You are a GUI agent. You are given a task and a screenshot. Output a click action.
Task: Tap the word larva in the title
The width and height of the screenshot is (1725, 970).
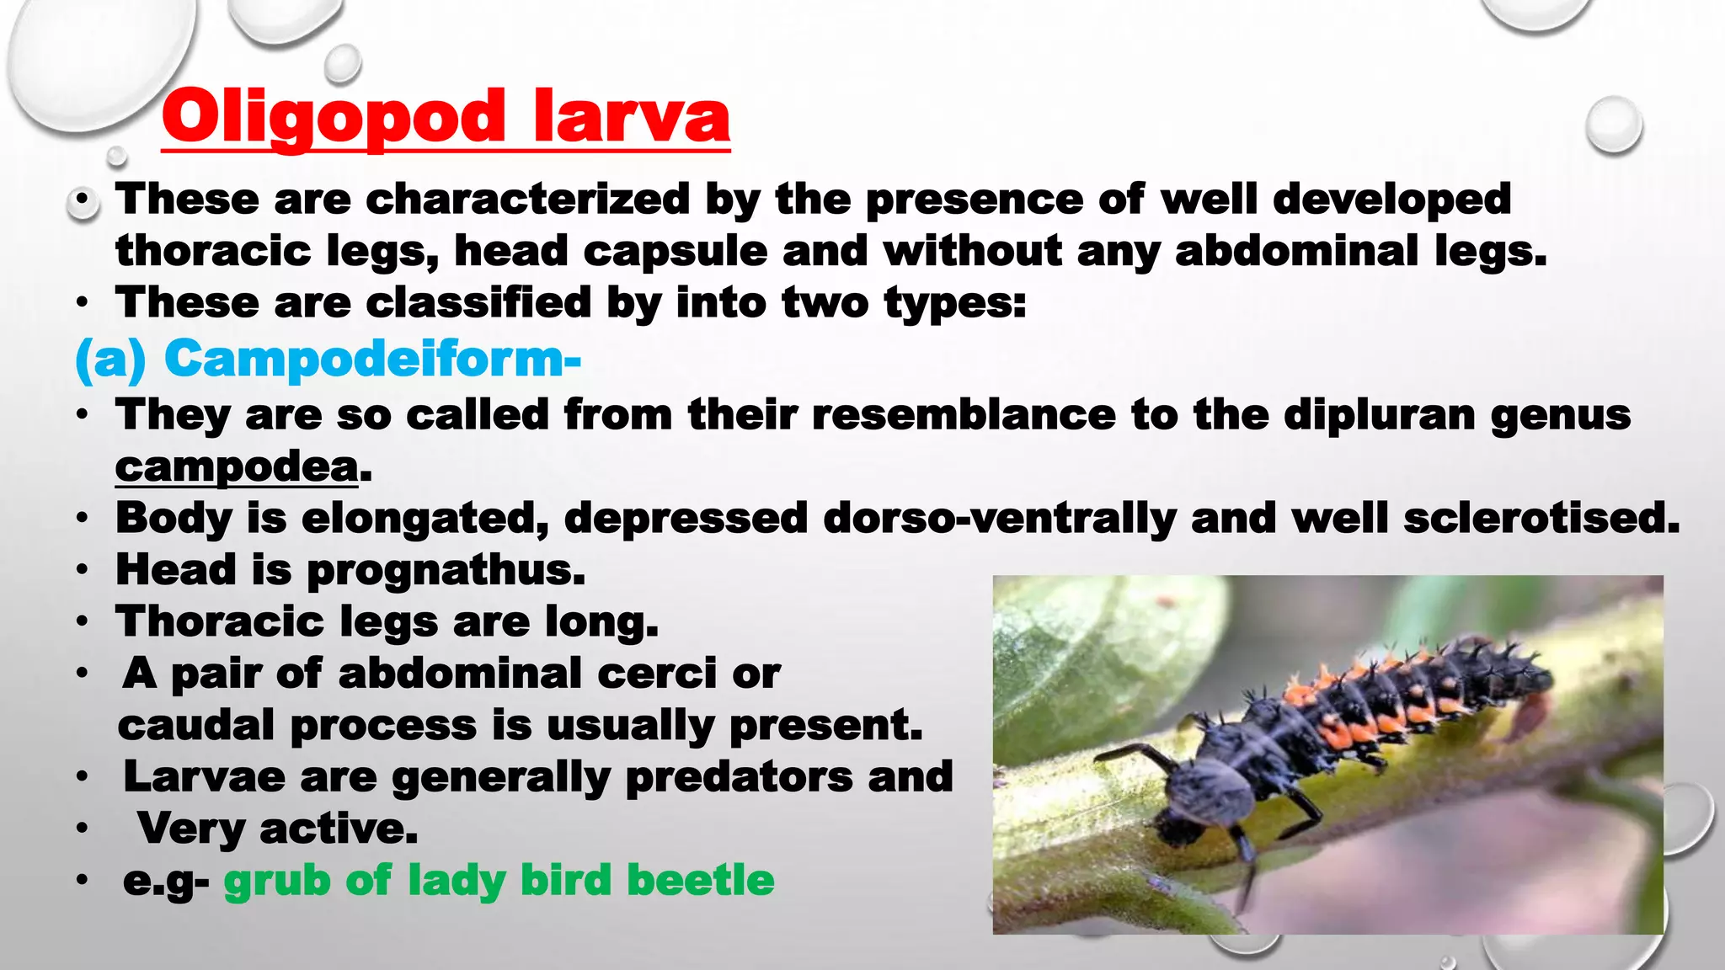[x=632, y=117]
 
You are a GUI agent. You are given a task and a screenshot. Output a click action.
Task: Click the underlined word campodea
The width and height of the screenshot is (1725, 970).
[x=237, y=466]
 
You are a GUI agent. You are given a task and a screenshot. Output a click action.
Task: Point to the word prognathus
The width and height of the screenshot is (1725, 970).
[x=445, y=570]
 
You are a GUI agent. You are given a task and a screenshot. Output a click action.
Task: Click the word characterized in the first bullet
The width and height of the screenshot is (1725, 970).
[x=528, y=200]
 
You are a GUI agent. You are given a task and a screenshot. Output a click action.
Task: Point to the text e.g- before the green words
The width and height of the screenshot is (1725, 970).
[x=165, y=881]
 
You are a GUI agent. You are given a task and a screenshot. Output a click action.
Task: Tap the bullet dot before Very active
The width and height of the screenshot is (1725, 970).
[x=81, y=829]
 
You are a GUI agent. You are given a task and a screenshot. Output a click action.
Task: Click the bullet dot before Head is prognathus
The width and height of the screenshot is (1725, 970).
[x=81, y=570]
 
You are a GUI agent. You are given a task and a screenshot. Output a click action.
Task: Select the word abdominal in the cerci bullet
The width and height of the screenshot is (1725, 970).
[x=460, y=674]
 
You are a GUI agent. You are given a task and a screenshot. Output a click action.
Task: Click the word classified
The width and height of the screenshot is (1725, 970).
[x=478, y=302]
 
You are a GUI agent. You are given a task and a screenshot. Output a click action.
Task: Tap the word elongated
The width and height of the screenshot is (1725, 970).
[x=425, y=518]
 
